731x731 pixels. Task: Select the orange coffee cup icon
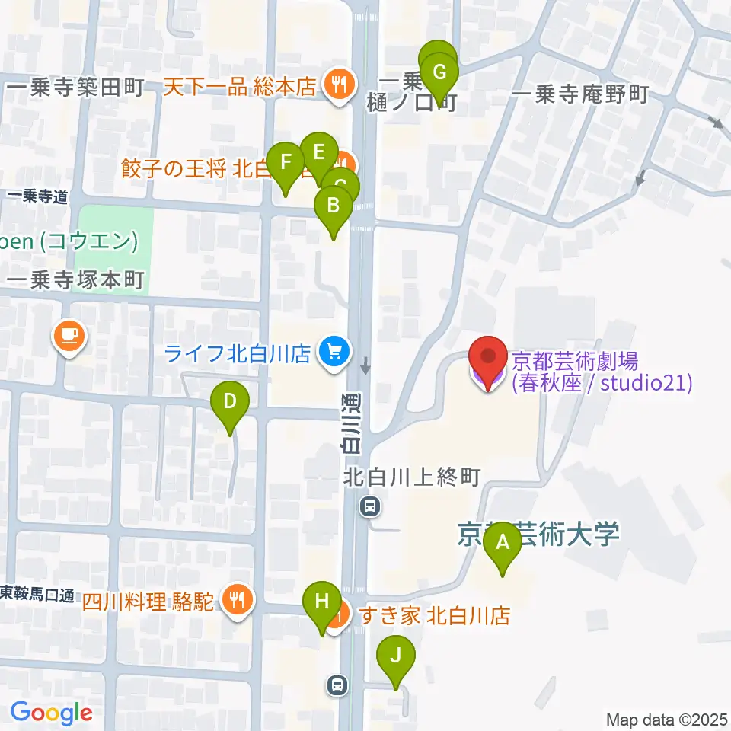coord(70,335)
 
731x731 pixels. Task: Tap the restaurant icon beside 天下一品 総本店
coord(337,83)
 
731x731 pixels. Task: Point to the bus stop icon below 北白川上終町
coord(370,505)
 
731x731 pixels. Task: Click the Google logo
coord(52,713)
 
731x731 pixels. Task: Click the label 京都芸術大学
coord(539,533)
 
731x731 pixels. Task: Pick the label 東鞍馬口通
coord(36,593)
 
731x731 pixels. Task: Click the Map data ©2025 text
coord(666,719)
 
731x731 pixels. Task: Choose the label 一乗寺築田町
coord(74,88)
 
